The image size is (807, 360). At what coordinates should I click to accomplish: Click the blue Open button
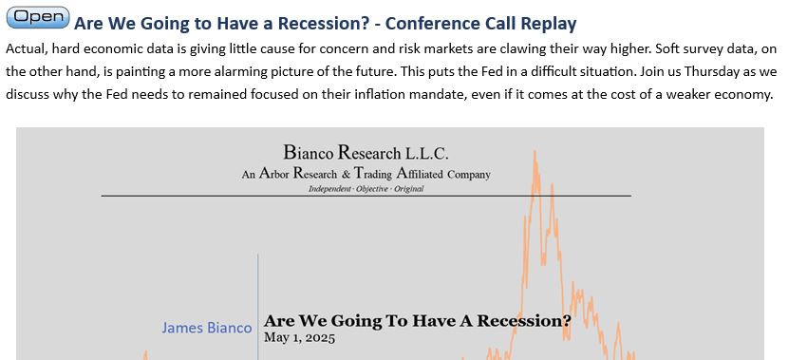coord(38,17)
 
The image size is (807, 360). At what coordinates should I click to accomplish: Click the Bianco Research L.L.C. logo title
coord(366,153)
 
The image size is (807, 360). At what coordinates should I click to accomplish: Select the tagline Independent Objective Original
coord(366,189)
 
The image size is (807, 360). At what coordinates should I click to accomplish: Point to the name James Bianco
coord(207,328)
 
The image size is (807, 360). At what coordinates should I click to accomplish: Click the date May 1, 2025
coord(299,338)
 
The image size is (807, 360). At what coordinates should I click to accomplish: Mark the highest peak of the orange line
coord(535,151)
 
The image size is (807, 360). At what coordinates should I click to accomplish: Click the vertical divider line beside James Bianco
coord(258,307)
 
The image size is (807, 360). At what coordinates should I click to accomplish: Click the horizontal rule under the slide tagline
coord(366,196)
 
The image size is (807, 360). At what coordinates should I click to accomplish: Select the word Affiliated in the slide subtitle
coord(420,174)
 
